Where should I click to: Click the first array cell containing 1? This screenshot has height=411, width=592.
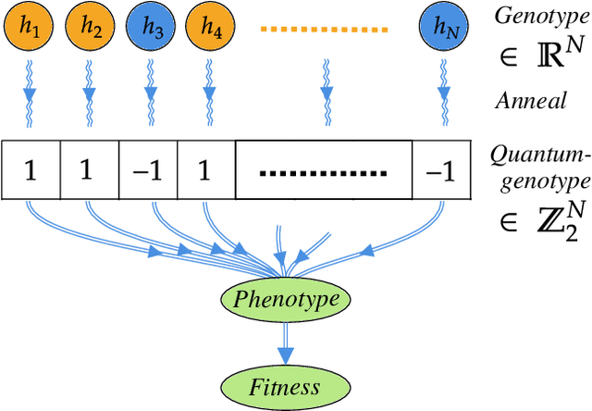click(x=30, y=171)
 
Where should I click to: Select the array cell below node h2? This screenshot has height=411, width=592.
click(x=89, y=171)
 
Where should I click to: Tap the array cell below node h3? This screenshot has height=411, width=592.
click(x=148, y=171)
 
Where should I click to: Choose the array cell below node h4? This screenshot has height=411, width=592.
click(x=206, y=171)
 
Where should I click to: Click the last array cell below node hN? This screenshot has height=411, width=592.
click(x=441, y=171)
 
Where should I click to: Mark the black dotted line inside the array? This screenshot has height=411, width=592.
click(x=324, y=172)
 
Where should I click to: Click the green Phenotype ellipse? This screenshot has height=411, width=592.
click(x=286, y=299)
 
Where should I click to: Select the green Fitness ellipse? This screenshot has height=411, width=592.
click(x=286, y=386)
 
